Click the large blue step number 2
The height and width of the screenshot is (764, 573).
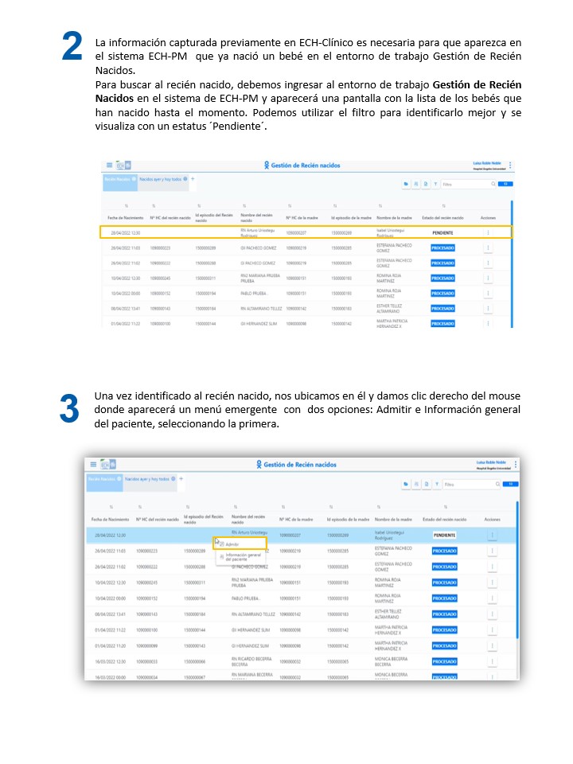point(72,47)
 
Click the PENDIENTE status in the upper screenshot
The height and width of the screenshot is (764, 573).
point(442,232)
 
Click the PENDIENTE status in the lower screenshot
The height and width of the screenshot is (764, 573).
point(444,535)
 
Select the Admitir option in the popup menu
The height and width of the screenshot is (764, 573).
point(232,544)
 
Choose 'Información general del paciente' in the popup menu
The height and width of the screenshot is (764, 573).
point(242,557)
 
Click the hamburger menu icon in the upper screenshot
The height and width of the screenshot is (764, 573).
point(110,166)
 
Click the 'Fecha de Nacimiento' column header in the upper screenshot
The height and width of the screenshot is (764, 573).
point(126,217)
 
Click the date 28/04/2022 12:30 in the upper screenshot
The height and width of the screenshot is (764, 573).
point(126,232)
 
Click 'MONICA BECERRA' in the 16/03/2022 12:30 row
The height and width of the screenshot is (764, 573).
point(392,661)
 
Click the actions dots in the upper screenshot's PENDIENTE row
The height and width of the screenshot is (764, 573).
point(488,232)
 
